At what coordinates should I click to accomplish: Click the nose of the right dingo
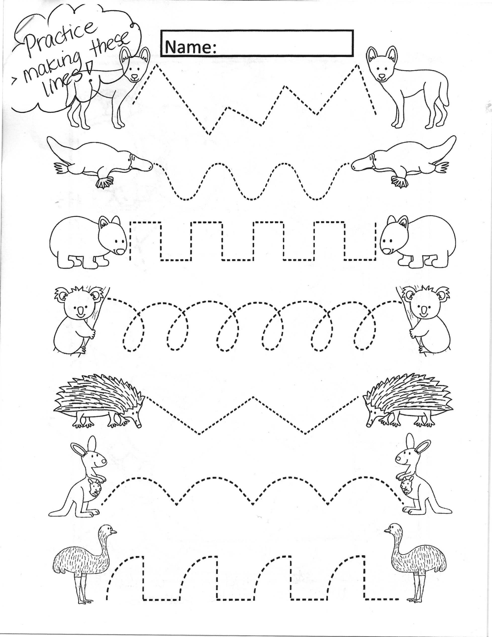[382, 78]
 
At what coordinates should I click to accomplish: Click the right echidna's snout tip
[369, 425]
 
